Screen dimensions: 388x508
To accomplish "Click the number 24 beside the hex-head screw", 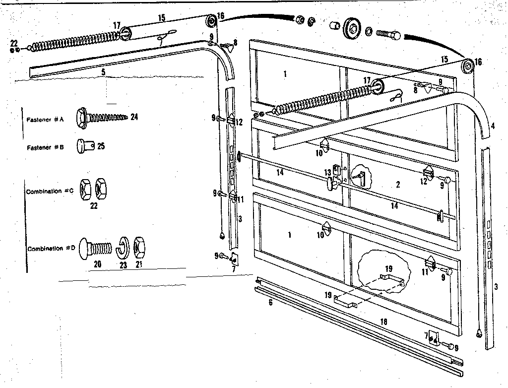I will tap(134, 118).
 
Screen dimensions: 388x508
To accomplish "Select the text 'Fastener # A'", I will tap(45, 120).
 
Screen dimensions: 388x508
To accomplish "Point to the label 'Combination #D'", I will tap(51, 249).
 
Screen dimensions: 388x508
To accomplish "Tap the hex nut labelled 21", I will tap(140, 247).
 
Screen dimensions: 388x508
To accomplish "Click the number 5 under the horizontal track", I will tap(103, 71).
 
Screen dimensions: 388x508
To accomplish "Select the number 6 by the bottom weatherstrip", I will tap(270, 302).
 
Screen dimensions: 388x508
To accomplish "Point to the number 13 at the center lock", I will tap(328, 172).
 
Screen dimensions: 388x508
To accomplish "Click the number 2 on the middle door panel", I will tap(398, 185).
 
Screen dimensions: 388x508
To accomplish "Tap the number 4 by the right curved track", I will tap(493, 127).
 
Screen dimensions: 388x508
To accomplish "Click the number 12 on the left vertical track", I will tap(239, 122).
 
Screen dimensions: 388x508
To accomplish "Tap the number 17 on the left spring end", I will tap(117, 25).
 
